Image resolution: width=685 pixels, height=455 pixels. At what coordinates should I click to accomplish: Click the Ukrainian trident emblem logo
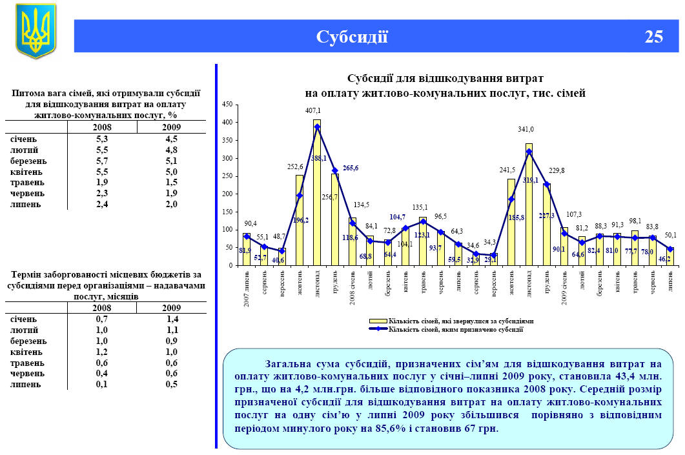click(36, 30)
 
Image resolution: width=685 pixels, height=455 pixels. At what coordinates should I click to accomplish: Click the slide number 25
click(653, 37)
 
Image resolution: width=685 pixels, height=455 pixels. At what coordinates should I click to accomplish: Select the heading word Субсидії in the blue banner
click(352, 37)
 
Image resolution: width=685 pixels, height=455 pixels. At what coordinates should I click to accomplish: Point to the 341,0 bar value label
click(526, 129)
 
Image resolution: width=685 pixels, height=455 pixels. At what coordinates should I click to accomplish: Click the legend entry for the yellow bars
click(451, 320)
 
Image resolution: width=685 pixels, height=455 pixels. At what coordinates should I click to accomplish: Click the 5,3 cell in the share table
click(101, 139)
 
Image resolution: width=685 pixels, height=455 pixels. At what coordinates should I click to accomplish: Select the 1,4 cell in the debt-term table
click(172, 319)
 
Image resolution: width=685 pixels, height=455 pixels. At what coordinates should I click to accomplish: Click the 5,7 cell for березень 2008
click(101, 161)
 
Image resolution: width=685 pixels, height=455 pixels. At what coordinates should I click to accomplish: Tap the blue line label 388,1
click(318, 157)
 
